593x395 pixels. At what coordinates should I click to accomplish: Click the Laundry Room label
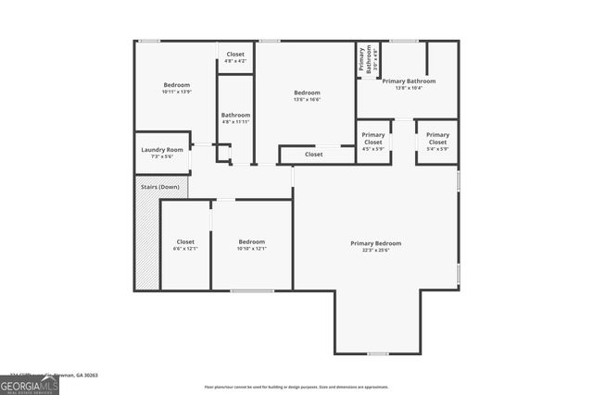162,150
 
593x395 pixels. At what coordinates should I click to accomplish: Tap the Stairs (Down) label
159,187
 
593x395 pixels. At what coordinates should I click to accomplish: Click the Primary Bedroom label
375,243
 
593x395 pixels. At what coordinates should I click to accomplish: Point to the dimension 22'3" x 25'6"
375,250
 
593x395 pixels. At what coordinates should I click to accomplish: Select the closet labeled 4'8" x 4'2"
235,57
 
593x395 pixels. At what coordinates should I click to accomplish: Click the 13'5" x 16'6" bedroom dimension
307,99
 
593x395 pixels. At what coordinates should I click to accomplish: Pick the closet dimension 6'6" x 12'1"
185,248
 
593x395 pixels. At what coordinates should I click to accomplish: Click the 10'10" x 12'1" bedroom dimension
251,248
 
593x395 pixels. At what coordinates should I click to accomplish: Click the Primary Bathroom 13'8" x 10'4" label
409,83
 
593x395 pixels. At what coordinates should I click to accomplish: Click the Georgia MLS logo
29,384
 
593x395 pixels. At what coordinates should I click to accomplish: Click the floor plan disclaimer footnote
297,387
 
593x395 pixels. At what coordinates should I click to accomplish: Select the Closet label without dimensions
314,154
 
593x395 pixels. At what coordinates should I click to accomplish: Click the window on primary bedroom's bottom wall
377,353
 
